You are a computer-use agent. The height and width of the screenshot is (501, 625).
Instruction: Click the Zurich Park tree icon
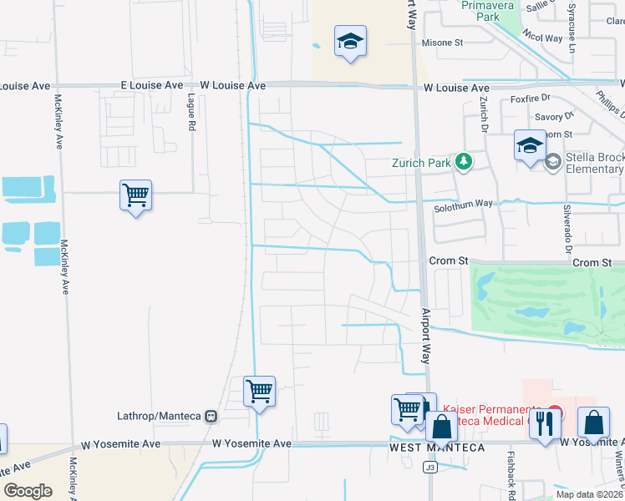click(x=462, y=161)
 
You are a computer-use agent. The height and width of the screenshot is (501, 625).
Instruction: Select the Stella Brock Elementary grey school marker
click(x=552, y=162)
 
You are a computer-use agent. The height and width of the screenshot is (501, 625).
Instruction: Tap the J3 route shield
click(x=430, y=468)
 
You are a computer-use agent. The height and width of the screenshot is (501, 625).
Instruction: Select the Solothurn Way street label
click(x=464, y=203)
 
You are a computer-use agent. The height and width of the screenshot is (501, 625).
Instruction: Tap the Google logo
click(x=28, y=490)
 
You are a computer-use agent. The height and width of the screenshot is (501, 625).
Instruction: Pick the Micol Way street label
click(x=542, y=38)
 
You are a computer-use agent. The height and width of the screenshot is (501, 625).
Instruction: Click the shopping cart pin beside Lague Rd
click(x=135, y=196)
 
